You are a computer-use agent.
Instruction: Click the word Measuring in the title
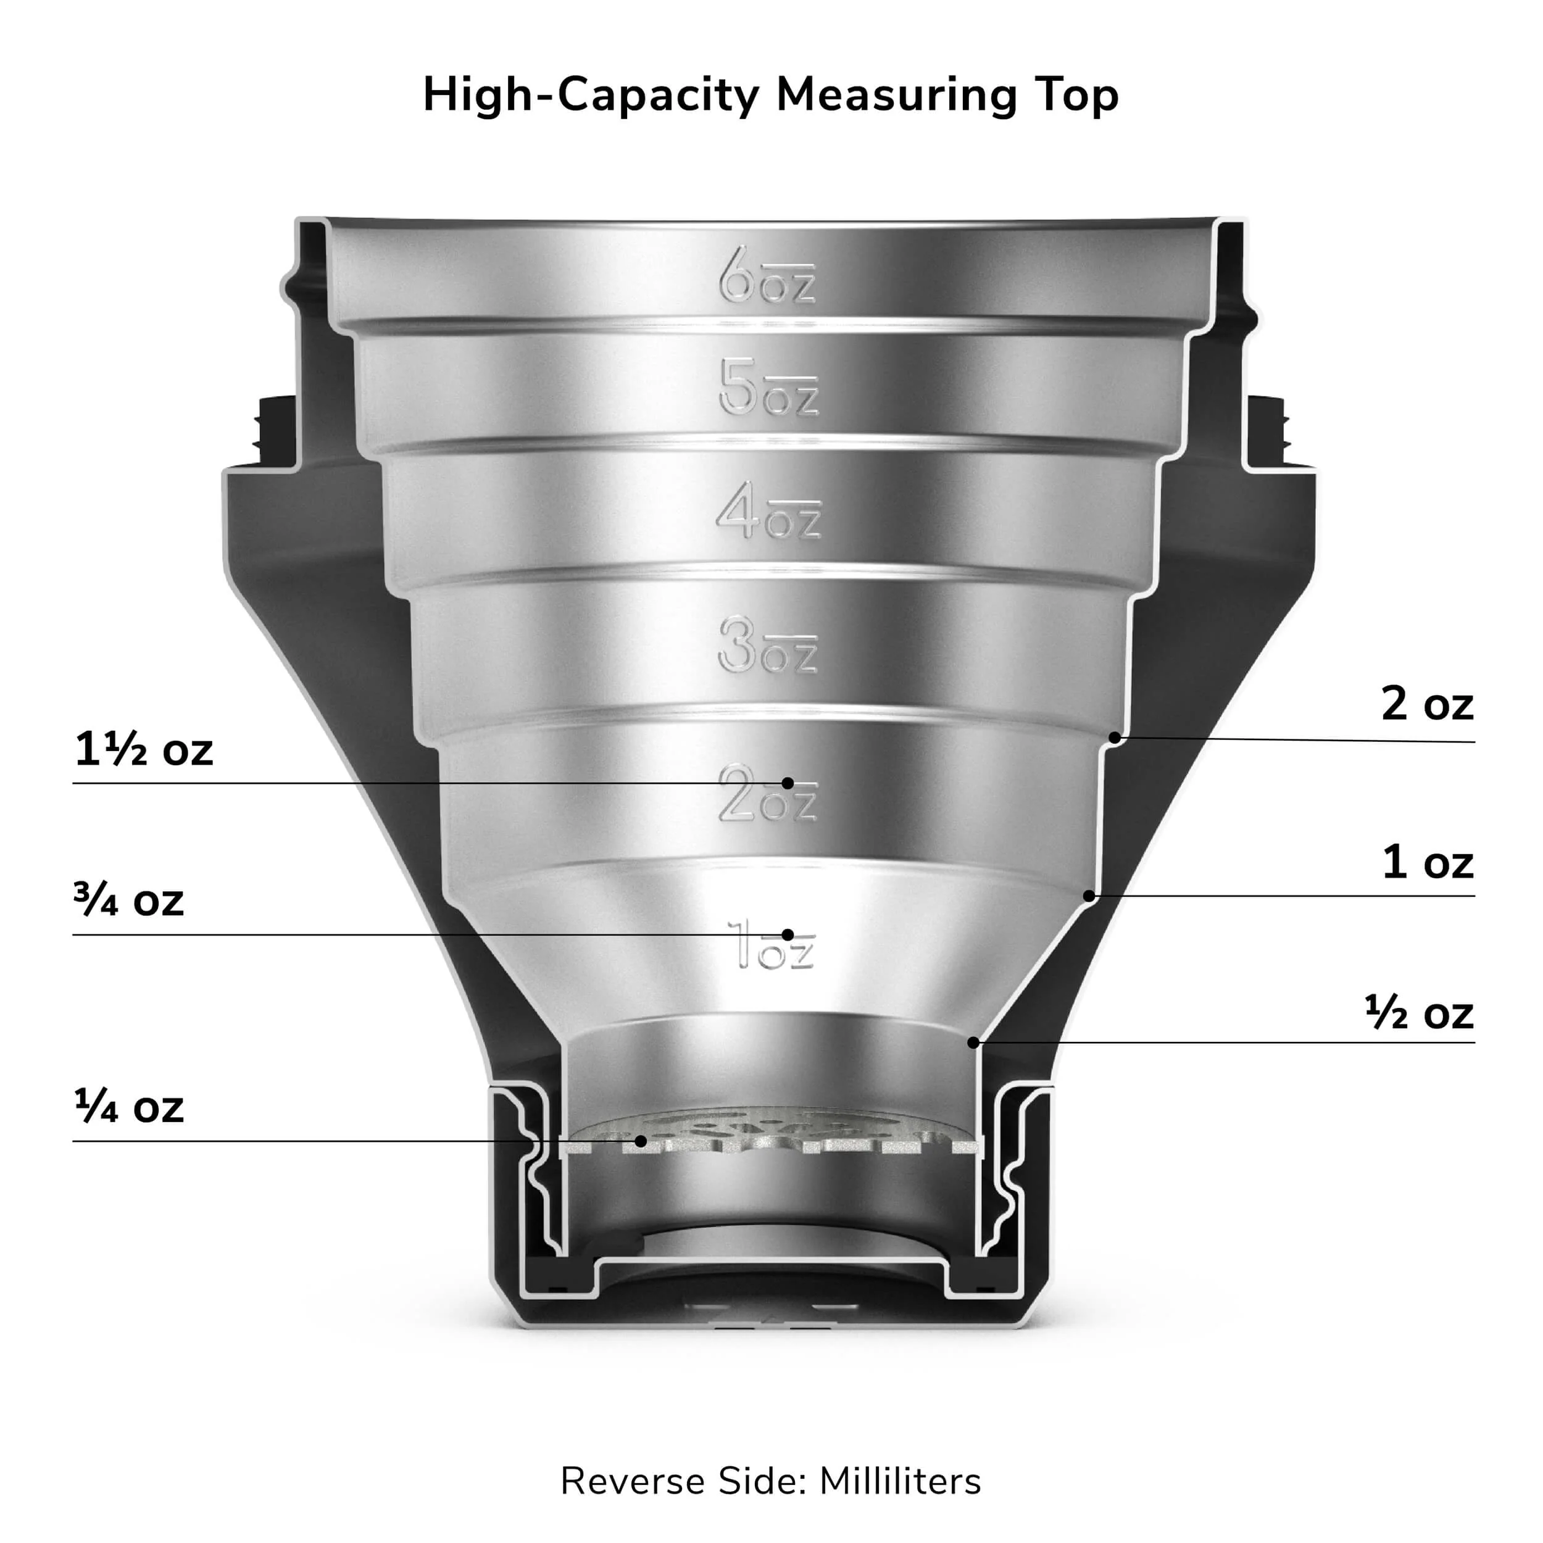tap(896, 96)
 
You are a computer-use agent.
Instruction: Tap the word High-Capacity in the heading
tap(591, 96)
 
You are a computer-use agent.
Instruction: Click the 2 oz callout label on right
tap(1427, 704)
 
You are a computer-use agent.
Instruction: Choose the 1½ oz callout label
tap(144, 749)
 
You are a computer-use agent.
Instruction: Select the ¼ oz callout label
tap(128, 1106)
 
